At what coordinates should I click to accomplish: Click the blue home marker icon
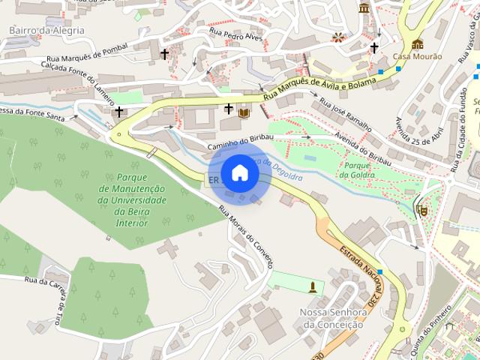(x=239, y=172)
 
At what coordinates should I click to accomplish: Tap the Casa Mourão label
(x=416, y=56)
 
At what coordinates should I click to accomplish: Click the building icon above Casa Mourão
(x=417, y=43)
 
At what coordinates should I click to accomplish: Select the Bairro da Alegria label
(x=46, y=31)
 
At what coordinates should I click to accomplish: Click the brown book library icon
(x=244, y=112)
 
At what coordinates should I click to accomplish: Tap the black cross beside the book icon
(x=228, y=109)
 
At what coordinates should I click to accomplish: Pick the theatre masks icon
(x=421, y=211)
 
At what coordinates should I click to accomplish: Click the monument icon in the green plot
(x=313, y=286)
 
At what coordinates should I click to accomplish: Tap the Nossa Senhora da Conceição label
(x=331, y=318)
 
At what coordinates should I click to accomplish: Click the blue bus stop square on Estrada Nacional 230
(x=380, y=272)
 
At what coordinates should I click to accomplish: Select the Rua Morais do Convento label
(x=245, y=235)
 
